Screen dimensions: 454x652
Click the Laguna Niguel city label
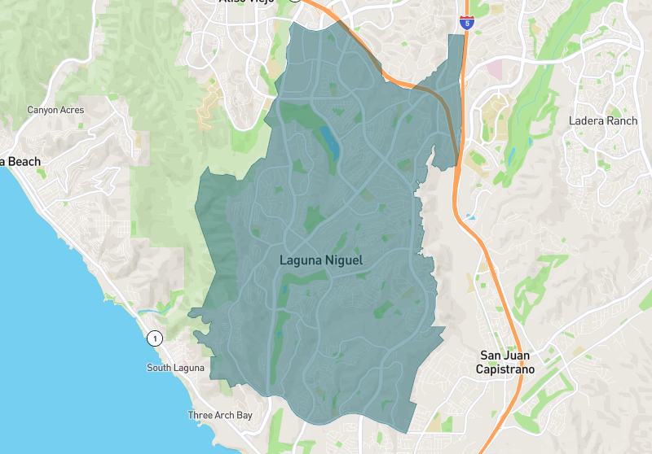pos(320,260)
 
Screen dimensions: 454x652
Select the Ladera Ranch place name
pos(602,121)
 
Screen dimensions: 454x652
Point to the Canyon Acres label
pos(55,110)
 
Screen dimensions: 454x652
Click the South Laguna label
pos(175,368)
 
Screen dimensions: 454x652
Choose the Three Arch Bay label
pos(220,416)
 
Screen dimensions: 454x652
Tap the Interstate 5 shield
pos(466,22)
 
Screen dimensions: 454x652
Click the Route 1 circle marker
pos(153,338)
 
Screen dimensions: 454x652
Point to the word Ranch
pos(623,121)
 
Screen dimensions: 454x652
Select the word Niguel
pos(345,260)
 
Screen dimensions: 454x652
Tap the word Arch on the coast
pos(222,416)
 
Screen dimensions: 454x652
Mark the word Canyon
pos(42,110)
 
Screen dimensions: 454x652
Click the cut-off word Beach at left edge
pos(23,162)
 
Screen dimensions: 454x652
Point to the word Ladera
pos(586,121)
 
